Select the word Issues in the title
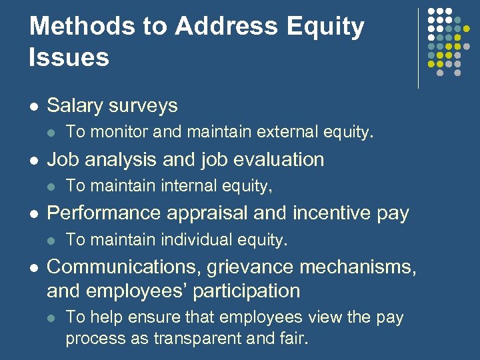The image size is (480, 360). tap(69, 57)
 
